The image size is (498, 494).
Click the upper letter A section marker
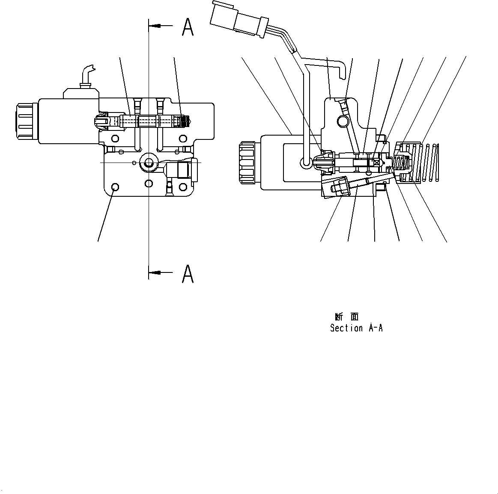click(188, 27)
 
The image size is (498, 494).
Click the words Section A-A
click(356, 328)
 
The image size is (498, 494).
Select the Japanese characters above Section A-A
click(346, 317)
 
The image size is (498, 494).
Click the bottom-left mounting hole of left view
click(115, 187)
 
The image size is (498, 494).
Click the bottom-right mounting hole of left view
click(183, 187)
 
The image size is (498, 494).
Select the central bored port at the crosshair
click(149, 163)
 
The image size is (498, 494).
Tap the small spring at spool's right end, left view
click(185, 121)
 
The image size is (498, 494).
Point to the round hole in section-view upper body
click(343, 122)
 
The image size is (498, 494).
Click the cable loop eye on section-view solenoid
click(306, 162)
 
